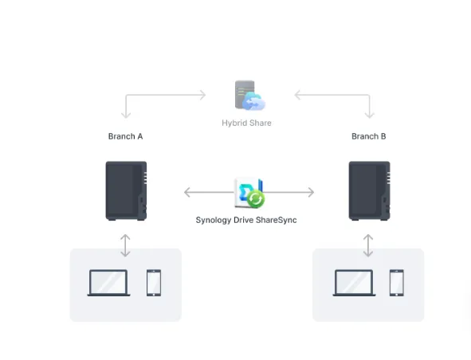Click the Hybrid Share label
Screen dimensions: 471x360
pos(246,123)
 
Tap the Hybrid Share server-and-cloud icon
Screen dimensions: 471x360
pos(250,96)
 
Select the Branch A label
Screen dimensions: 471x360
pos(125,136)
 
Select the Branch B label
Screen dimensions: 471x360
pos(368,136)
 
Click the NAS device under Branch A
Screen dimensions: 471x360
pos(126,191)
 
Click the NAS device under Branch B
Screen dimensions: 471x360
pos(370,191)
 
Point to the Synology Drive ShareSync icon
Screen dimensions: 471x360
pos(249,193)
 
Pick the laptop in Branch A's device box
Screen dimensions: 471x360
pos(108,283)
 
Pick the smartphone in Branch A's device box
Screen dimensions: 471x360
pos(154,283)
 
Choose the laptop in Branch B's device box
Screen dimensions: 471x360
pos(354,283)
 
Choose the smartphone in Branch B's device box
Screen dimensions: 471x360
pos(397,283)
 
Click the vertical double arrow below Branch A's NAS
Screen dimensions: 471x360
pos(125,245)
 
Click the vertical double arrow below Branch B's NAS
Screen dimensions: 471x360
pos(368,245)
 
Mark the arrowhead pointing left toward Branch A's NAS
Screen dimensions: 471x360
pos(186,192)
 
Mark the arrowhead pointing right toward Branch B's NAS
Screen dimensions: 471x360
pos(311,192)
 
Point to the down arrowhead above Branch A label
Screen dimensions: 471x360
pos(126,115)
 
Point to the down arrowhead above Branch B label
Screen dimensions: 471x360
pos(370,115)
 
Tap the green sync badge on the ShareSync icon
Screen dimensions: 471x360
pos(256,199)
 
